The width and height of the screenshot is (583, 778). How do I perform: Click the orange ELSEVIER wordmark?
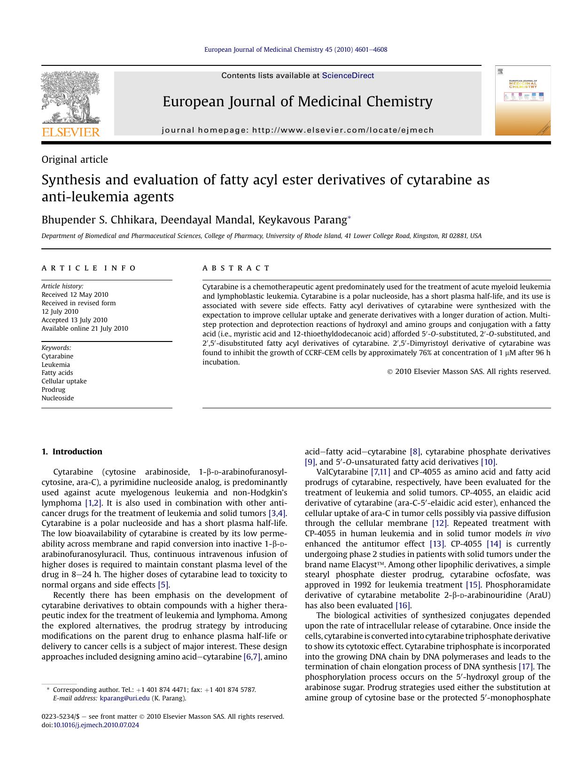[x=71, y=132]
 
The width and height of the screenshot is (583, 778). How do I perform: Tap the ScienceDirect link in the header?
[x=348, y=75]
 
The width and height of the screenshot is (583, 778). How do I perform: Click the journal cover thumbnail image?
[x=522, y=101]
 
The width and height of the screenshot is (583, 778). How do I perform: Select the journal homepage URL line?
[x=297, y=130]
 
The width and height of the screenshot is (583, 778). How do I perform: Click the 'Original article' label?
[x=75, y=159]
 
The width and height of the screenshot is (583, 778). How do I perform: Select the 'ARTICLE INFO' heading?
[x=88, y=268]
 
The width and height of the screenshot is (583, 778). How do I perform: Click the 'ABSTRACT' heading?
[x=236, y=268]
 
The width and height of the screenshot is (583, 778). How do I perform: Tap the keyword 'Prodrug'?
[x=54, y=389]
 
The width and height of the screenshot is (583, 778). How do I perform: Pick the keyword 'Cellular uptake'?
[x=64, y=381]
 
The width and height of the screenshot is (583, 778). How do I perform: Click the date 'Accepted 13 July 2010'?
[x=74, y=320]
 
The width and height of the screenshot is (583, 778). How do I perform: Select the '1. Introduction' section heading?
[x=72, y=452]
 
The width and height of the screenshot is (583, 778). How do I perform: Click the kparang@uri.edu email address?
[x=124, y=698]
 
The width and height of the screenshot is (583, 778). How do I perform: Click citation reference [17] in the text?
[x=525, y=667]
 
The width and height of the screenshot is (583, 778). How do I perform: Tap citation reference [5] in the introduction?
[x=163, y=585]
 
